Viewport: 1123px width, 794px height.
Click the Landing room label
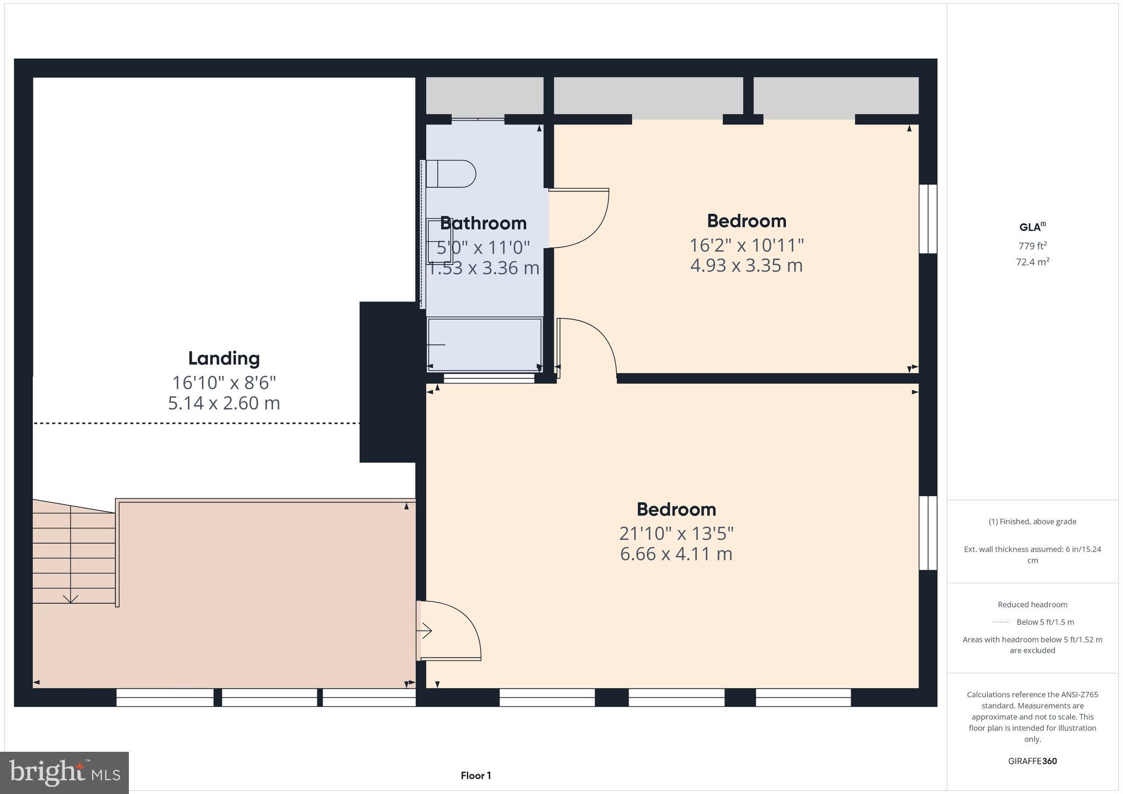click(x=224, y=358)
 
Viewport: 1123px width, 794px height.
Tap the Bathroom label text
click(x=483, y=223)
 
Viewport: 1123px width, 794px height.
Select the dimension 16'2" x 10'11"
click(x=746, y=245)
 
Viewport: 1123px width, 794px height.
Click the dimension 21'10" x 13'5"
click(x=676, y=533)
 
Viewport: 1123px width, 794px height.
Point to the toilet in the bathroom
click(x=451, y=174)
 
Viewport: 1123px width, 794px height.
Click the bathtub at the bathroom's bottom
click(x=485, y=344)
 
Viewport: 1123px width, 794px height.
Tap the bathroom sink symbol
click(x=439, y=241)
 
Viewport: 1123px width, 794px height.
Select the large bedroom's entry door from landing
click(x=450, y=630)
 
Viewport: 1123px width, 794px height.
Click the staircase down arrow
click(x=71, y=597)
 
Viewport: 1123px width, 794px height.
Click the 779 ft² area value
click(x=1033, y=246)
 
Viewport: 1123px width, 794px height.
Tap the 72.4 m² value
click(x=1033, y=262)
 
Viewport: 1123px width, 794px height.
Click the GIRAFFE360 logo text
click(x=1033, y=761)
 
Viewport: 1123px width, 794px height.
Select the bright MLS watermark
click(x=65, y=773)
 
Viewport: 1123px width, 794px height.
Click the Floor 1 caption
click(x=475, y=775)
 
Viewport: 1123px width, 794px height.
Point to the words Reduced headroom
click(x=1033, y=604)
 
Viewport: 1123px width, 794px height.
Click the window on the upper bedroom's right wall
click(x=928, y=219)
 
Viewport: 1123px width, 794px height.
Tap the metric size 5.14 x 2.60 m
click(x=224, y=403)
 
